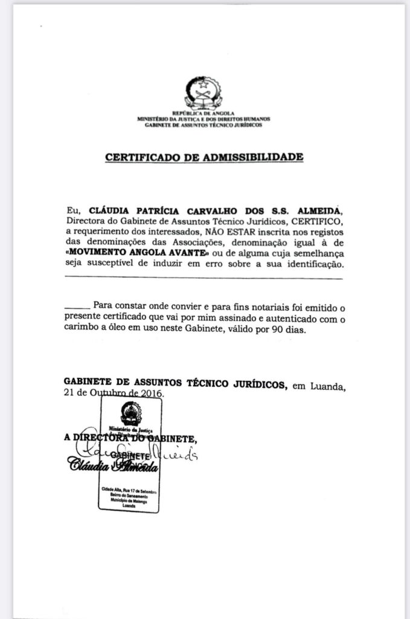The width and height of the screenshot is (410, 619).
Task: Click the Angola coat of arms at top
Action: (x=203, y=93)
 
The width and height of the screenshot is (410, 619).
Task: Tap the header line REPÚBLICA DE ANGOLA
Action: (x=203, y=114)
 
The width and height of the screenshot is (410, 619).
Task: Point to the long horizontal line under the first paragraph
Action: (x=203, y=278)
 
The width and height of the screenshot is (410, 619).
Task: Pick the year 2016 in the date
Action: (x=149, y=394)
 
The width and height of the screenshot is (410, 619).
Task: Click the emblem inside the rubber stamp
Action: (x=130, y=414)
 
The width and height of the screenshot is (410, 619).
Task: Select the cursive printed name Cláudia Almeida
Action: (x=113, y=465)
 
